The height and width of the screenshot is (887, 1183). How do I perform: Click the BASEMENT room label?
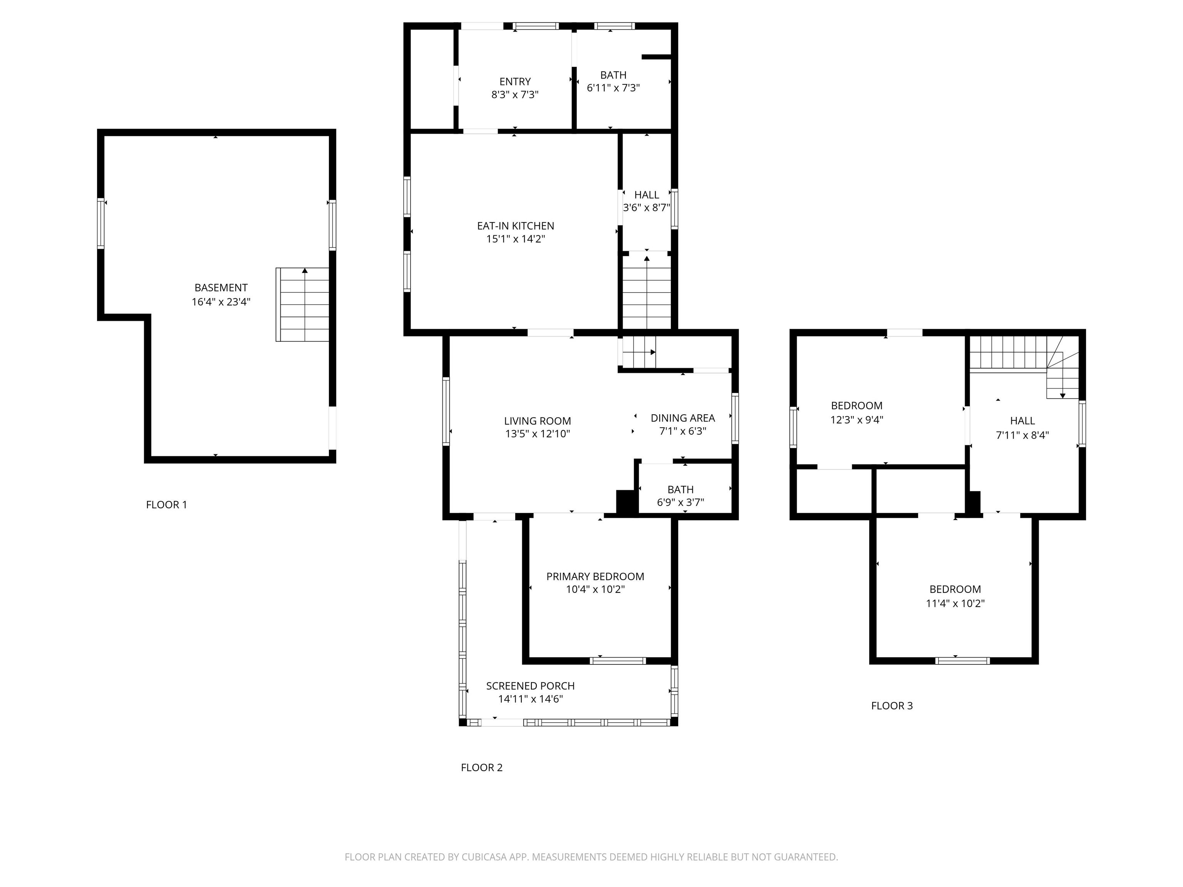[x=221, y=288]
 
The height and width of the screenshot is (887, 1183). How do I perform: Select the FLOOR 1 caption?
[x=166, y=505]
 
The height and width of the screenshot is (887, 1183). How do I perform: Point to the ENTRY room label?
[x=515, y=82]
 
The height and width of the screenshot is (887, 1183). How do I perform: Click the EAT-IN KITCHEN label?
[x=516, y=226]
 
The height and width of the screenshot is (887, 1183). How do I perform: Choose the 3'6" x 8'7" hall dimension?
[x=647, y=208]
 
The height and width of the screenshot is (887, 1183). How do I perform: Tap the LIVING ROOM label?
[x=538, y=421]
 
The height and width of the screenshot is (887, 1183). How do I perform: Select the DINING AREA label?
[x=683, y=418]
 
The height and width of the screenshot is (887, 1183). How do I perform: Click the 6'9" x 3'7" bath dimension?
[x=681, y=502]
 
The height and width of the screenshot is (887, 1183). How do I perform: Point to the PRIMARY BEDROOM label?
[x=595, y=576]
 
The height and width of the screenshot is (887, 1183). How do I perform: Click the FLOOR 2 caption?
[x=482, y=768]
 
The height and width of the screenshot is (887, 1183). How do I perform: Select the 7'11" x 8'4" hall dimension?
[x=1022, y=435]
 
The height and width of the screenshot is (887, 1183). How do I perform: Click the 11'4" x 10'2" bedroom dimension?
[x=955, y=604]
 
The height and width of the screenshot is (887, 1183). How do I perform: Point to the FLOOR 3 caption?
[x=892, y=706]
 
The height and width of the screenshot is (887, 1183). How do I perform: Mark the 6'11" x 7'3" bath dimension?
[x=613, y=88]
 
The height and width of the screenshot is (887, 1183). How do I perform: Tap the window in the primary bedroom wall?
[x=618, y=661]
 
